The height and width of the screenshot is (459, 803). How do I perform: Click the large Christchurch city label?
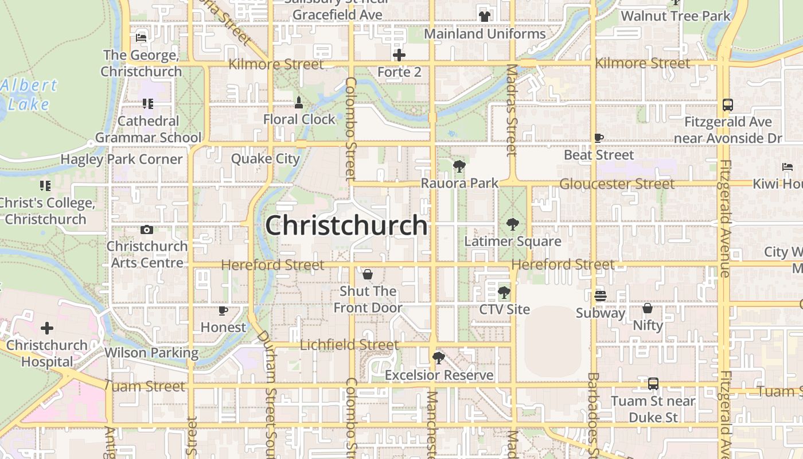coord(346,225)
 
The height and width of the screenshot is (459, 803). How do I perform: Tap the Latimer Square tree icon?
coord(513,224)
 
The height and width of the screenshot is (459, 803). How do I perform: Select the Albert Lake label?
coord(29,95)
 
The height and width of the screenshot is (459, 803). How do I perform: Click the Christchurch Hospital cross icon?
coord(47,328)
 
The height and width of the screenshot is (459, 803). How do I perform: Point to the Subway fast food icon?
coord(600,296)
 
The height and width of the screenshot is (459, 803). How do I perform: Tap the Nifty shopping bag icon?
coord(648,308)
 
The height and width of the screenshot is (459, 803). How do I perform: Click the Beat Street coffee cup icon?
coord(599,138)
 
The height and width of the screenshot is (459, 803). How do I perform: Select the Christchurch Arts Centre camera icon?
coord(147,229)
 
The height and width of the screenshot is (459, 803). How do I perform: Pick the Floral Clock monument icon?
coord(298,103)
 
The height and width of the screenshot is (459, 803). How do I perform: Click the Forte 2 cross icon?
coord(399,55)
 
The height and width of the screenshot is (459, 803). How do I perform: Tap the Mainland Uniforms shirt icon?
coord(485,17)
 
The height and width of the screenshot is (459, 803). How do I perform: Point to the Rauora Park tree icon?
coord(459,167)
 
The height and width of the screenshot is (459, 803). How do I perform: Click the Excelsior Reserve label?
coord(439,375)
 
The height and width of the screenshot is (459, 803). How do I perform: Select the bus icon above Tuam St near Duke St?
coord(653,384)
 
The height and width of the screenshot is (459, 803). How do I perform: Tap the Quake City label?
coord(266,159)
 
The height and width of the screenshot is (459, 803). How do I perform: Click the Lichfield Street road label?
coord(349,345)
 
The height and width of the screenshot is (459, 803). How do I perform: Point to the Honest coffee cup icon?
coord(223,311)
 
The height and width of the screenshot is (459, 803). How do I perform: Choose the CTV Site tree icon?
coord(504,293)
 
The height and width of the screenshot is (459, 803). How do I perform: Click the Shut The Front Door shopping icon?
coord(368,274)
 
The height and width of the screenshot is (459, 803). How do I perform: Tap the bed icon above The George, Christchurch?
coord(141,38)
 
